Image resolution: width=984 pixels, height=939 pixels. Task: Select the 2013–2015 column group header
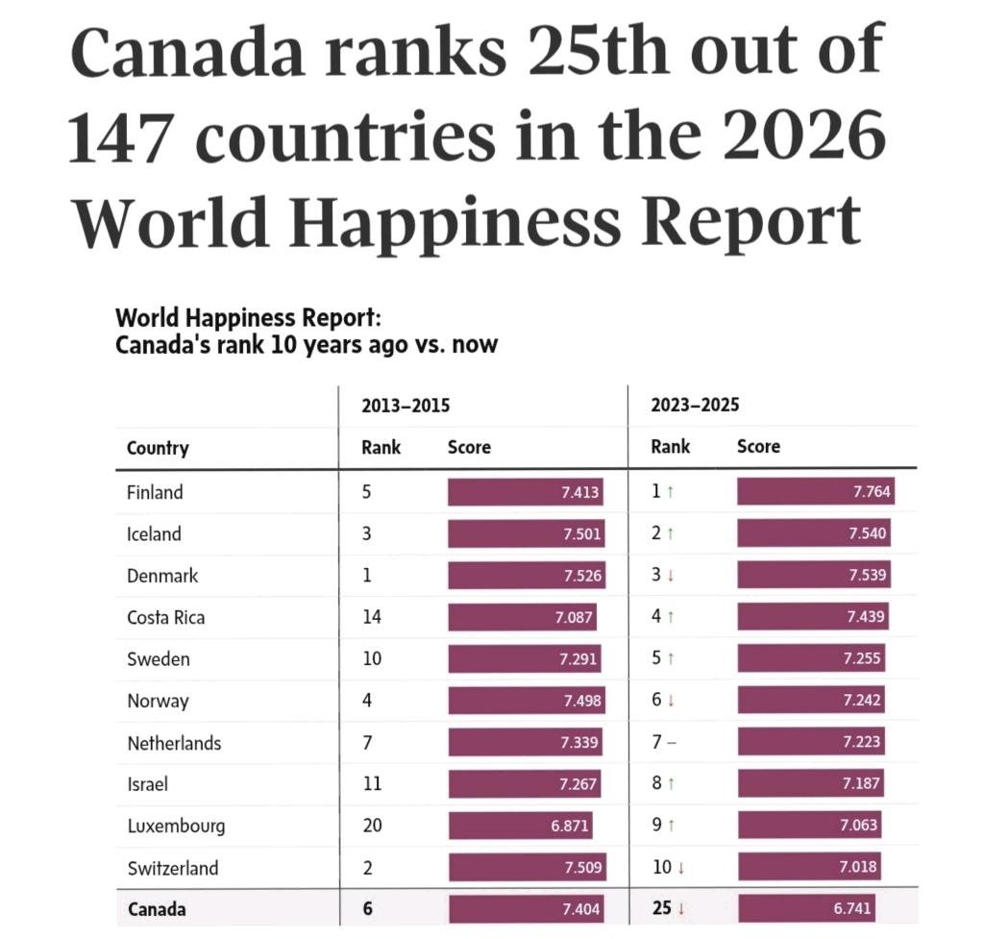405,405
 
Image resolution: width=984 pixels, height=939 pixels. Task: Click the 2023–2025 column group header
695,405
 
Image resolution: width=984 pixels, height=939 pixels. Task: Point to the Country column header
158,448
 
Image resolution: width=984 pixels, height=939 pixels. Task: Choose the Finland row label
155,492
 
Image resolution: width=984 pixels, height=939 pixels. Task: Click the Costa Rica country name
165,617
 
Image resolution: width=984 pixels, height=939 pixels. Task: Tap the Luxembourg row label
176,826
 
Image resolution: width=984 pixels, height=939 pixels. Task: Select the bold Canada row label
157,909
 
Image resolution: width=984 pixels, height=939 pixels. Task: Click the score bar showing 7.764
816,492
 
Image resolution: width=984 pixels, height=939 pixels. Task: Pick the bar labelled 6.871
519,826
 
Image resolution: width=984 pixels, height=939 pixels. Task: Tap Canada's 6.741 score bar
807,909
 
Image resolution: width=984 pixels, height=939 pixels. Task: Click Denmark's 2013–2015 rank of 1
366,576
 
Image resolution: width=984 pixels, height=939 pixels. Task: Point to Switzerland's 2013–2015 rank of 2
366,868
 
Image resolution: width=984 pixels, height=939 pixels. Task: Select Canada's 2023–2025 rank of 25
661,909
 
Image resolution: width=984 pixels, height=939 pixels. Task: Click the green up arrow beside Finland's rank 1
670,493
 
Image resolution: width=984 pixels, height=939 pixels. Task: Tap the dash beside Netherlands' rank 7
671,743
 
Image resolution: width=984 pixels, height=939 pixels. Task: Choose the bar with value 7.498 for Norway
527,701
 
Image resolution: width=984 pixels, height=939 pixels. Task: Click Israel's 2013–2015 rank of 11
371,784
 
